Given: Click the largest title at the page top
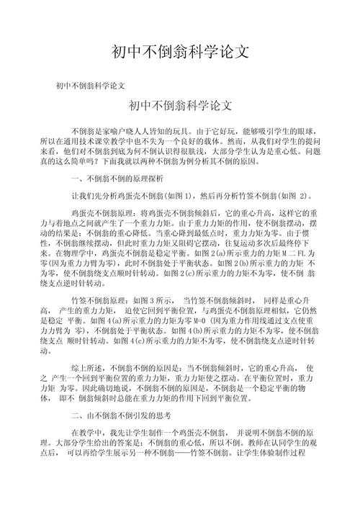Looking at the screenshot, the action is (x=180, y=52).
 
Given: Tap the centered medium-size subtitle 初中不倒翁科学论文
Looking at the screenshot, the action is (x=180, y=106).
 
